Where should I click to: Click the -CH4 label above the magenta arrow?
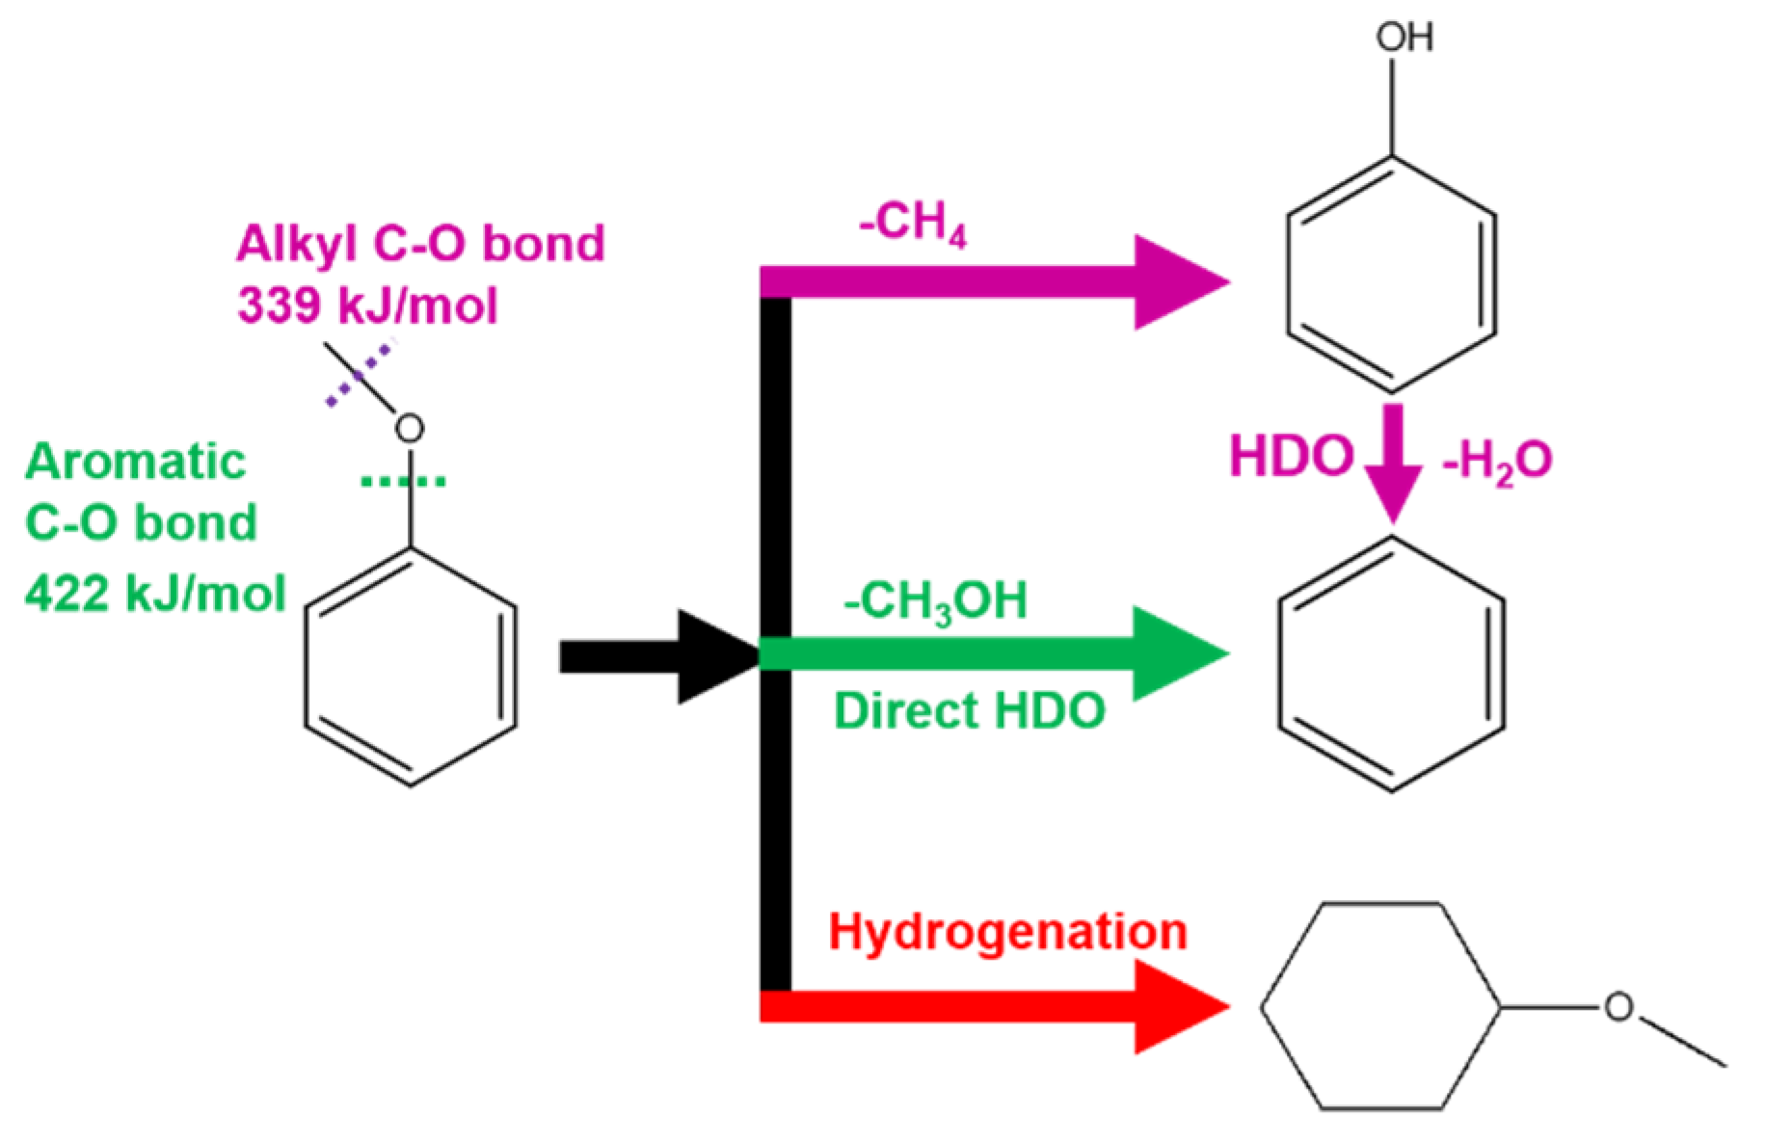pyautogui.click(x=912, y=224)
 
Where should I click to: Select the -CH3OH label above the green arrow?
pyautogui.click(x=935, y=602)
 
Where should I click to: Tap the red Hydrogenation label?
pyautogui.click(x=1007, y=932)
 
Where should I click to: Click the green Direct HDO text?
pyautogui.click(x=969, y=711)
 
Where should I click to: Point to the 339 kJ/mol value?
pyautogui.click(x=367, y=306)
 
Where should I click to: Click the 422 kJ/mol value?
pyautogui.click(x=155, y=593)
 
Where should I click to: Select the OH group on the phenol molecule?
pyautogui.click(x=1404, y=39)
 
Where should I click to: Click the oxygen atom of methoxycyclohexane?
pyautogui.click(x=1618, y=1008)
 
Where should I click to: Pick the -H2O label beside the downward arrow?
pyautogui.click(x=1496, y=461)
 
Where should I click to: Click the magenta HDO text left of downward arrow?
pyautogui.click(x=1292, y=457)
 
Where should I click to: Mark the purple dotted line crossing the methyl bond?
pyautogui.click(x=359, y=374)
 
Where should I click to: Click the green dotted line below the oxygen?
pyautogui.click(x=403, y=480)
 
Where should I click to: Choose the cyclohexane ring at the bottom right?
pyautogui.click(x=1380, y=1007)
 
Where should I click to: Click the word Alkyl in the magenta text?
pyautogui.click(x=295, y=244)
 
